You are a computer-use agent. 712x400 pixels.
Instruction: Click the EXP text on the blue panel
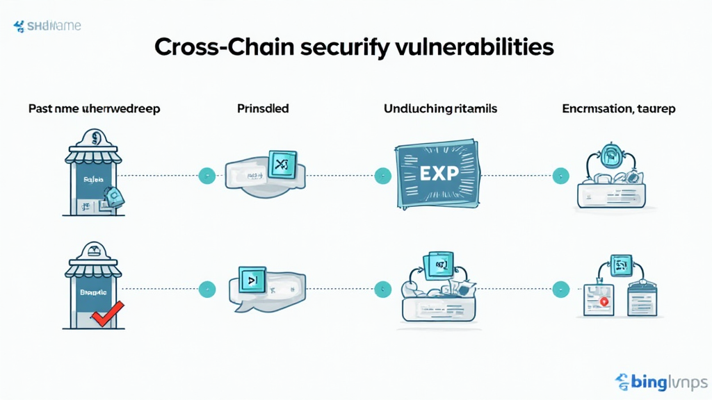(439, 174)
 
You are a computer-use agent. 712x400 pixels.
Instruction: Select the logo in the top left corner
(47, 26)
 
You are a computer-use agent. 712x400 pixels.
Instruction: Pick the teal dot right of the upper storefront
(206, 175)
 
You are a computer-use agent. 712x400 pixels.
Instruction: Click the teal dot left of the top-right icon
(558, 175)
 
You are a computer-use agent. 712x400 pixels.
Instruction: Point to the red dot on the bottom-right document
(603, 301)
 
